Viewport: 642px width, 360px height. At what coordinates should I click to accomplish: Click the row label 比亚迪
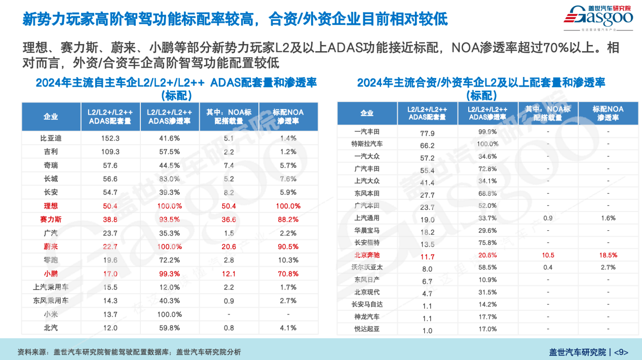(x=51, y=138)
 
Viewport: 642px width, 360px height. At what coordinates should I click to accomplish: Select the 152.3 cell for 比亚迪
(x=110, y=138)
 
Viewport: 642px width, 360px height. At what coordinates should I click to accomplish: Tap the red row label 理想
(x=51, y=206)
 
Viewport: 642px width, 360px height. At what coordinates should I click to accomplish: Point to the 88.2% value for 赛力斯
(x=288, y=220)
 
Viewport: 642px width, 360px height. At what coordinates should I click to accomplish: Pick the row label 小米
(x=51, y=314)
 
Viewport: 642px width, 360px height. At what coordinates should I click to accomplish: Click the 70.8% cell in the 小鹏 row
(x=288, y=274)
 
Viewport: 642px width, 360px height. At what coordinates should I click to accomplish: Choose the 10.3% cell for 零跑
(x=288, y=260)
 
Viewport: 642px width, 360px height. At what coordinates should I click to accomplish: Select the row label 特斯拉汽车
(x=367, y=145)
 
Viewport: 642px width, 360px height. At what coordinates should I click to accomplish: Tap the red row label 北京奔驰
(x=367, y=256)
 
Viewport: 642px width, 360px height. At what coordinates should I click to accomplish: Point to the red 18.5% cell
(x=608, y=255)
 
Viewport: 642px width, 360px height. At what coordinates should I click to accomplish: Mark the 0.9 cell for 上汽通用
(x=548, y=218)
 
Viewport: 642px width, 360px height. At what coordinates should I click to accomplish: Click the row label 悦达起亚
(x=367, y=329)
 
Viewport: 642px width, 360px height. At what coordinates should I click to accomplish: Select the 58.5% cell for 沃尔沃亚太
(x=487, y=267)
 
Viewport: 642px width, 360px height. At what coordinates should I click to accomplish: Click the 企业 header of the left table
(x=51, y=117)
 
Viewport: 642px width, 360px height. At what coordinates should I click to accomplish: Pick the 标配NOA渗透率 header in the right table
(x=608, y=113)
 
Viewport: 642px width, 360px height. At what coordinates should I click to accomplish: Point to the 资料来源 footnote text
(x=129, y=352)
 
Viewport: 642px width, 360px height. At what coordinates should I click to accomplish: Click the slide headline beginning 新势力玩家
(x=235, y=19)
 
